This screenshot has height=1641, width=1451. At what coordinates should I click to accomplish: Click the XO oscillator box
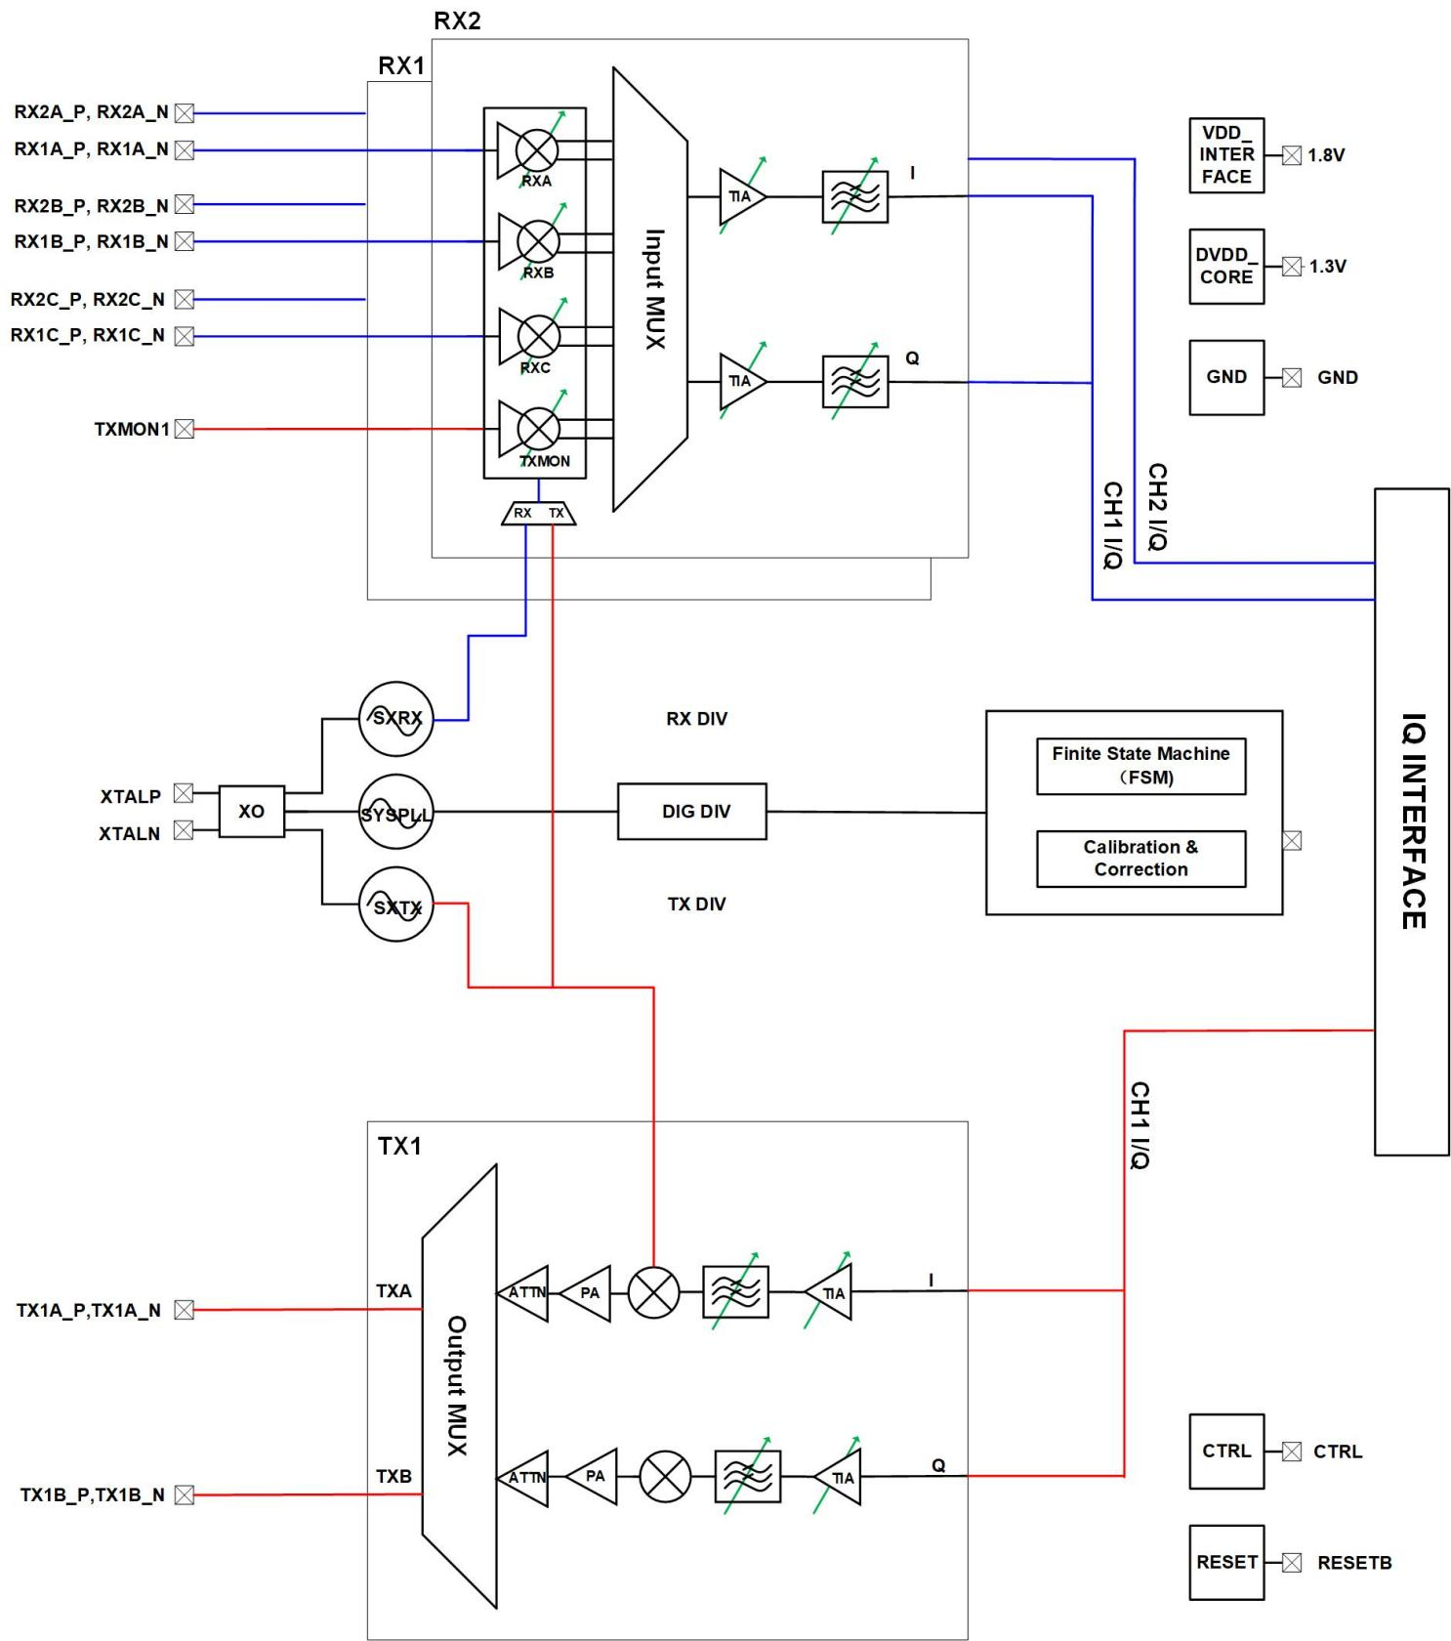pyautogui.click(x=251, y=811)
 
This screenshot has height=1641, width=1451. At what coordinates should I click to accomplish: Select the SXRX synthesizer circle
pyautogui.click(x=395, y=719)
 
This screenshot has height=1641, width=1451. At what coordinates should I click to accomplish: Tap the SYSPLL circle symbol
pyautogui.click(x=395, y=812)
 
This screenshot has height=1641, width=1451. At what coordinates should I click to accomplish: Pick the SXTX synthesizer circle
pyautogui.click(x=395, y=905)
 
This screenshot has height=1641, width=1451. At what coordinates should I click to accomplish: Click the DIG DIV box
pyautogui.click(x=691, y=811)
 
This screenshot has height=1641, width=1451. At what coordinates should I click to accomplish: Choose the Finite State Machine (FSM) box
pyautogui.click(x=1140, y=766)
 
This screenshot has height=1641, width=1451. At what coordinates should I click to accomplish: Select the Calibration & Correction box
pyautogui.click(x=1140, y=859)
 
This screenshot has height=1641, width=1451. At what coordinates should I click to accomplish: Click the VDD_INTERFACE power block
pyautogui.click(x=1226, y=155)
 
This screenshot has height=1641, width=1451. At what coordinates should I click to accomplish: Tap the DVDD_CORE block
pyautogui.click(x=1226, y=267)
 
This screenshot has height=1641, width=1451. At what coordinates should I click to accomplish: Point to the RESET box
pyautogui.click(x=1226, y=1562)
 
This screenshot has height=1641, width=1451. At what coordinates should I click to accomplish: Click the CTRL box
pyautogui.click(x=1226, y=1451)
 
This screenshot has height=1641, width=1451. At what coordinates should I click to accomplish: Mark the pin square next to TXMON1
pyautogui.click(x=185, y=429)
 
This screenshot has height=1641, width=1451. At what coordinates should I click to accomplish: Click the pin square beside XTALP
pyautogui.click(x=184, y=794)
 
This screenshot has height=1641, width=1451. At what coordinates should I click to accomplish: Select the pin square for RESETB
pyautogui.click(x=1292, y=1563)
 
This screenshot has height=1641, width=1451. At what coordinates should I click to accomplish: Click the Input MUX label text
pyautogui.click(x=655, y=289)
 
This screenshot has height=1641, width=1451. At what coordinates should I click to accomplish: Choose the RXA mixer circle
pyautogui.click(x=536, y=150)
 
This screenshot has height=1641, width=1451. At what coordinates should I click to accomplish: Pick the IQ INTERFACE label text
pyautogui.click(x=1413, y=820)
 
